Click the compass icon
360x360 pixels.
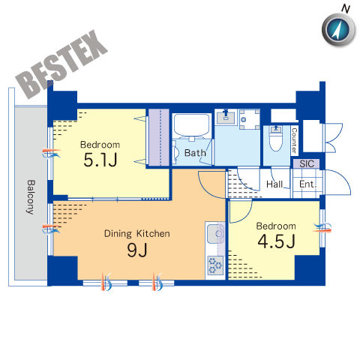tap(339, 30)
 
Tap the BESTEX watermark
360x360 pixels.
tap(61, 64)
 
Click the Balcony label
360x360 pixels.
tap(31, 197)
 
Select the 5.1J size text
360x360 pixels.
tap(100, 160)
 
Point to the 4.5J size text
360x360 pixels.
tap(276, 241)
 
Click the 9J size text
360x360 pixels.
tap(137, 250)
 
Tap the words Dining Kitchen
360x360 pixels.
tap(137, 234)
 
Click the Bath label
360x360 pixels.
tap(195, 153)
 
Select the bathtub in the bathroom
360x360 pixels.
tap(191, 125)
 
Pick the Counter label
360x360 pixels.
tap(295, 140)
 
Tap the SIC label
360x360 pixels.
tap(307, 163)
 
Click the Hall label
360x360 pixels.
tap(274, 184)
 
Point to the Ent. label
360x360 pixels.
tap(308, 184)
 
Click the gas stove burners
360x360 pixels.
tap(215, 265)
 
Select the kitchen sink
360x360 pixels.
tap(215, 234)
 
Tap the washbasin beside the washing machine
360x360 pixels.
tap(226, 117)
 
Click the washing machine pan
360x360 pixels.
tap(250, 119)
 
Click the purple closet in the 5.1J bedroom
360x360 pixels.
tap(159, 136)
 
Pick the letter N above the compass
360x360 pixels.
tap(346, 9)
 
